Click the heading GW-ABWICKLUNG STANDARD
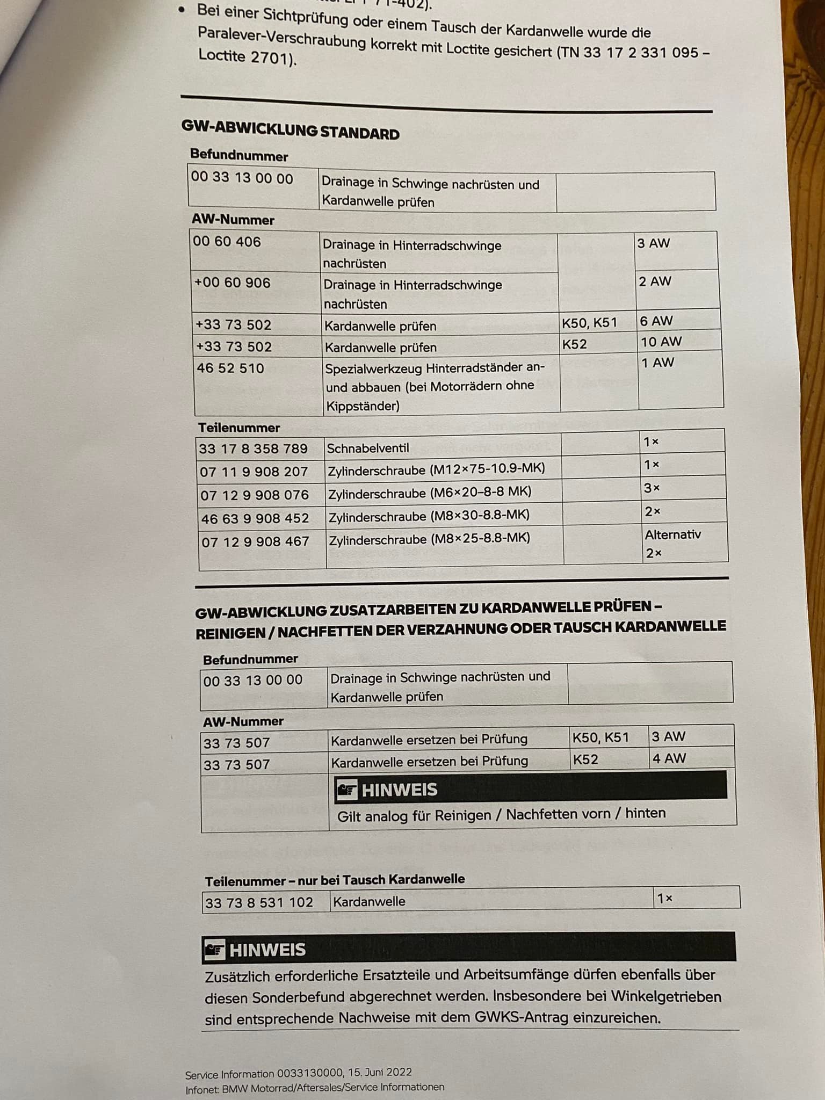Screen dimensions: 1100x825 [290, 129]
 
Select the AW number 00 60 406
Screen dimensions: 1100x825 [227, 242]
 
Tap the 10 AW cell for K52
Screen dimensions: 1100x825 [661, 342]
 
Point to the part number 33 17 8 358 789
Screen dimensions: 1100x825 [253, 448]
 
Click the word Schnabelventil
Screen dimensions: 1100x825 [367, 448]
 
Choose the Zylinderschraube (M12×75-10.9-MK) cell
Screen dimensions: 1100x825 [436, 469]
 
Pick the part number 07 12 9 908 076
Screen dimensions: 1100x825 [254, 495]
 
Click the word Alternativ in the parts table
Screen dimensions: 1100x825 [672, 534]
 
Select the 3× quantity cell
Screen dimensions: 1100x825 [652, 488]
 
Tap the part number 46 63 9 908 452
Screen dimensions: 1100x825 [255, 518]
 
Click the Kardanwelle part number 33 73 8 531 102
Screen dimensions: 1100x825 [259, 902]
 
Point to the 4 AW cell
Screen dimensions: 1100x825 [669, 758]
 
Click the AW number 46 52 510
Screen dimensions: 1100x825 [230, 368]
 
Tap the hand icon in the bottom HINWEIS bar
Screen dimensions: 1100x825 [215, 950]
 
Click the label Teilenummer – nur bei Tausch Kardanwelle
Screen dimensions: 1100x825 [335, 880]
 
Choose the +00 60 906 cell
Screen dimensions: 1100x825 [232, 283]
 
